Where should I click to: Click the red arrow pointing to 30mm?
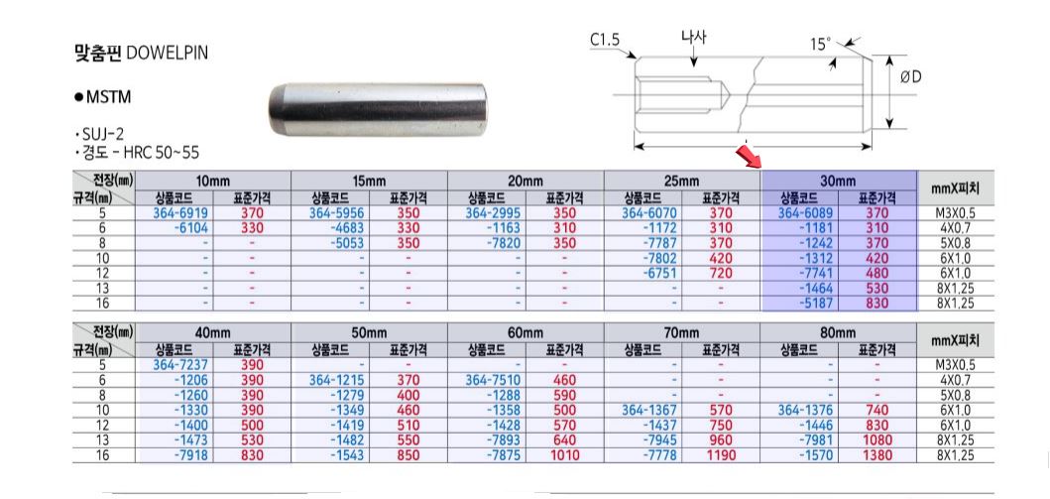(748, 156)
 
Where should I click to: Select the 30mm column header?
(838, 181)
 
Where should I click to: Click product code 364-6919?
(181, 213)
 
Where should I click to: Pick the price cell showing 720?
(720, 273)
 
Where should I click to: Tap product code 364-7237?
(181, 365)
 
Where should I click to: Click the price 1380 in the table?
(877, 455)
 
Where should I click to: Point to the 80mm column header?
(838, 333)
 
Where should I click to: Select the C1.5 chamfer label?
(606, 41)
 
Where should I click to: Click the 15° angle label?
(820, 45)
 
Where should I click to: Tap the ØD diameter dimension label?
(911, 77)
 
